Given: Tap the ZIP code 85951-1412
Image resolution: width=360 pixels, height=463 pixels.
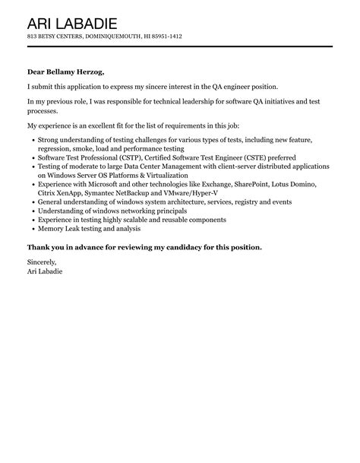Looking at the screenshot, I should [x=164, y=36].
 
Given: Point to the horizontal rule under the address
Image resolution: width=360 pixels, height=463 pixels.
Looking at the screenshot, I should [x=179, y=46].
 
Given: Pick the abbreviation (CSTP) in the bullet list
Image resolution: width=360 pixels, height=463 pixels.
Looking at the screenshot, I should [x=132, y=157].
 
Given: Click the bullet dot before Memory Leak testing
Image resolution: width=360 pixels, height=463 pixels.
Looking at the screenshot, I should [x=31, y=228].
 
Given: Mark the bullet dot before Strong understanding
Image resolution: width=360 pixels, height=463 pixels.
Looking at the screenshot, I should [x=31, y=141].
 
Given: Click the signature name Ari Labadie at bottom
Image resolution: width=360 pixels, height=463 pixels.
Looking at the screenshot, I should [x=46, y=271].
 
